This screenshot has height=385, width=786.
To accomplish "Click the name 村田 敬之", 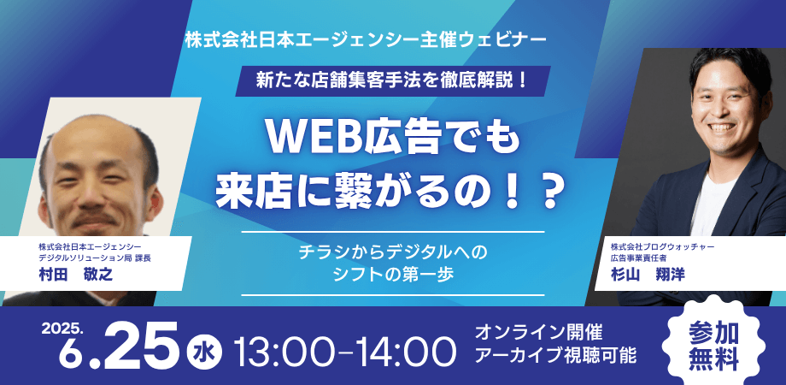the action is click(x=76, y=275).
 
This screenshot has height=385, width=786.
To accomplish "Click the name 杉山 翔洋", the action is click(x=648, y=275).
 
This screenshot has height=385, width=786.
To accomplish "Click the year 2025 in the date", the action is click(x=62, y=328).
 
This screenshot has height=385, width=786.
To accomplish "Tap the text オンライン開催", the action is click(x=538, y=332).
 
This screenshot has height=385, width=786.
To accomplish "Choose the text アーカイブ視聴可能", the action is click(x=555, y=356).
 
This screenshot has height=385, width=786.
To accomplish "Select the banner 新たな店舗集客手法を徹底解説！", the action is click(x=393, y=80).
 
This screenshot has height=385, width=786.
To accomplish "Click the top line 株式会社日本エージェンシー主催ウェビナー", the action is click(x=365, y=39).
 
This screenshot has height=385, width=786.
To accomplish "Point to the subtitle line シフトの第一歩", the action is click(x=393, y=275).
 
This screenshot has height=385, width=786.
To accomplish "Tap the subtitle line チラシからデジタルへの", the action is click(x=393, y=252).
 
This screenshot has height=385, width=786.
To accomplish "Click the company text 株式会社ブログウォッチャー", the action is click(x=662, y=247).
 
